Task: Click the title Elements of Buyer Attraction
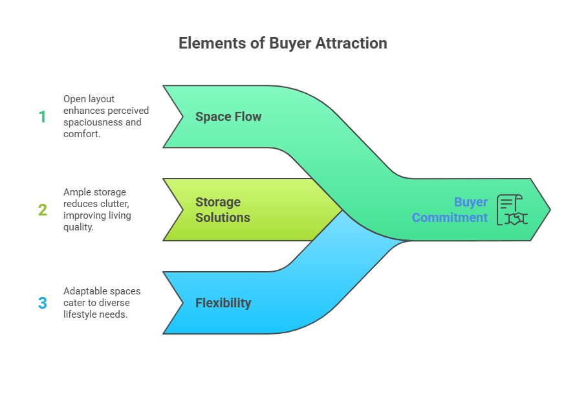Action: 283,43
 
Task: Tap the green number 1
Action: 43,117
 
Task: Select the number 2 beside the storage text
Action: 43,210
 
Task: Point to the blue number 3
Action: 43,303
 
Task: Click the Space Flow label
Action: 228,117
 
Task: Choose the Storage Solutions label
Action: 223,210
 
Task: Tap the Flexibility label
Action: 223,303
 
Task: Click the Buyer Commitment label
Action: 450,210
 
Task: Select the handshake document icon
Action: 511,210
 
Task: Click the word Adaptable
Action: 85,291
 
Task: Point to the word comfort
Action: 82,133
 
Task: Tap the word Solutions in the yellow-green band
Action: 223,217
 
